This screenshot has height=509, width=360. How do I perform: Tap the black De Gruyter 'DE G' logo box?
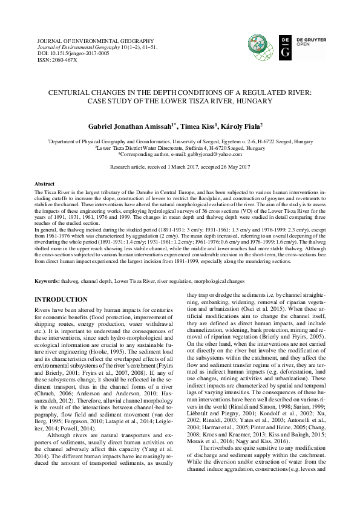[285, 46]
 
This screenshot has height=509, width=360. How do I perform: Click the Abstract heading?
[45, 183]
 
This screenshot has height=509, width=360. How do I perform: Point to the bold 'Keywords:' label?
[47, 281]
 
